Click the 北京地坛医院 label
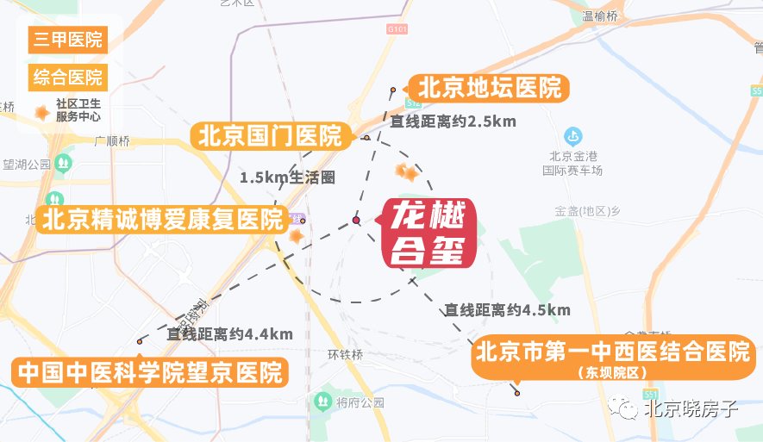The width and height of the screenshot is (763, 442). pyautogui.click(x=490, y=87)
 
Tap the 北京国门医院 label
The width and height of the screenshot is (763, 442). pyautogui.click(x=270, y=136)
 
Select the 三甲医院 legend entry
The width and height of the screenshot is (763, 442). pyautogui.click(x=68, y=40)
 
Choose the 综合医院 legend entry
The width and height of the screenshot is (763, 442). pyautogui.click(x=68, y=77)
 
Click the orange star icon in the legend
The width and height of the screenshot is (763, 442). pyautogui.click(x=41, y=111)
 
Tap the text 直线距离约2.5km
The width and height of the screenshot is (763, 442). pyautogui.click(x=453, y=121)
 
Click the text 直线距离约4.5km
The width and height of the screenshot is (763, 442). pyautogui.click(x=507, y=309)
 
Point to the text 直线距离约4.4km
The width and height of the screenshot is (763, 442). pyautogui.click(x=230, y=333)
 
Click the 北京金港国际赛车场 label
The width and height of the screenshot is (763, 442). pyautogui.click(x=572, y=163)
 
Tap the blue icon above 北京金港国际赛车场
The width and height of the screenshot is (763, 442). pyautogui.click(x=572, y=136)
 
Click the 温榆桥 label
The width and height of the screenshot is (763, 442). pyautogui.click(x=600, y=16)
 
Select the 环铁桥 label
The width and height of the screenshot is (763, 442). pyautogui.click(x=346, y=355)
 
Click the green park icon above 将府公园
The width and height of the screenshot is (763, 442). pyautogui.click(x=322, y=401)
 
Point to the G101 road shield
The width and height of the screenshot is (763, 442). pyautogui.click(x=396, y=29)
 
